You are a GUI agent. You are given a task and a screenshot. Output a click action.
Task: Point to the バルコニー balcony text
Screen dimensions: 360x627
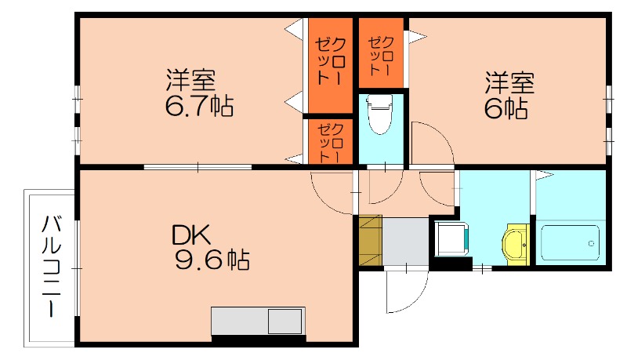tap(53, 266)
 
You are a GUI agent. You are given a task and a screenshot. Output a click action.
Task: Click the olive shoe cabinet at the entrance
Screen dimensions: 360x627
tap(370, 239)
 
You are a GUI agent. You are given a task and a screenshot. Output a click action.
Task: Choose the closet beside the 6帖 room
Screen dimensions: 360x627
tap(382, 52)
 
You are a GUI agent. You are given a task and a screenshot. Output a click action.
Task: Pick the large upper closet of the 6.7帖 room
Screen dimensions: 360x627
tap(328, 63)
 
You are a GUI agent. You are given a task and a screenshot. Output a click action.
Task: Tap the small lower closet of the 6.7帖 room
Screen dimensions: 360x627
tap(327, 141)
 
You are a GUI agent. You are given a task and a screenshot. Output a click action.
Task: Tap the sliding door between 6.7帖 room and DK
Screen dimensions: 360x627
tap(198, 166)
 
